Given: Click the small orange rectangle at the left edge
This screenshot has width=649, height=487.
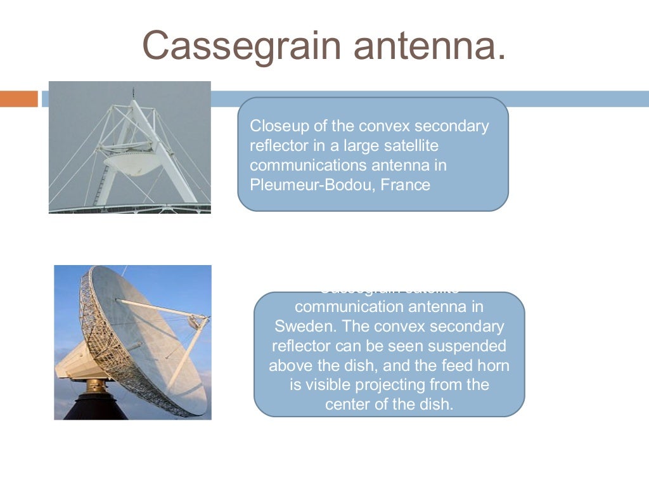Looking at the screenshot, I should coord(19,99).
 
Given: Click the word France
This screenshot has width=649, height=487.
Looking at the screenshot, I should coord(405,185).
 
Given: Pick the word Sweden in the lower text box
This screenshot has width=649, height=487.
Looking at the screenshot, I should coord(300,327).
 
